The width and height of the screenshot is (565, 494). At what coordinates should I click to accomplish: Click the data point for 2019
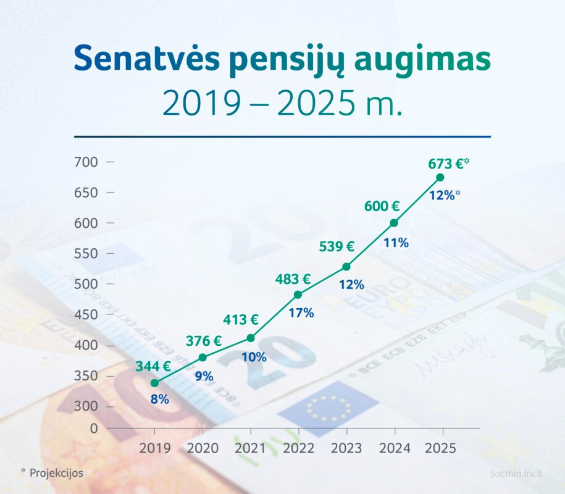coord(154,383)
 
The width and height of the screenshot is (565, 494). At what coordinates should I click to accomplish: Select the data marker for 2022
coord(298,295)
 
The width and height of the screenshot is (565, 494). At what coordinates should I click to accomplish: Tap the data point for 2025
coord(440,177)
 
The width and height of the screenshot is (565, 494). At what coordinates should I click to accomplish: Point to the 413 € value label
coord(241,320)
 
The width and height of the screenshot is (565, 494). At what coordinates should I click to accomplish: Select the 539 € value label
coord(337,246)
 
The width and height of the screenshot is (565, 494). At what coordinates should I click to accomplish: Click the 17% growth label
coord(301,312)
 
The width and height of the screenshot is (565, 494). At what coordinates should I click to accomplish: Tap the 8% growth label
coord(160,400)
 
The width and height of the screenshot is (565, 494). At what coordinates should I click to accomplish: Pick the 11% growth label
coord(396,243)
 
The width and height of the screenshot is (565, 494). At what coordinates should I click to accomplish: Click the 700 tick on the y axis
coord(86,162)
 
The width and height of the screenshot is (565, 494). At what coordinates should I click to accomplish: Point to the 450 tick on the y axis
coord(86,314)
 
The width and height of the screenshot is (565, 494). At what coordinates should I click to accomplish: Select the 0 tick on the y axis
coord(94,429)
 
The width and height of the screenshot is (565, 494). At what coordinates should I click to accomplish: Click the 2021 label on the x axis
coord(251,448)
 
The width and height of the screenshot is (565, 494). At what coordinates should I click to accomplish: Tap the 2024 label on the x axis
coord(395,448)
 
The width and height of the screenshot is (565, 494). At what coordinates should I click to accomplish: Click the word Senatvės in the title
coord(147,58)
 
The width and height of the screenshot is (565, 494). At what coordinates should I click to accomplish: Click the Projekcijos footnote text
coord(56,473)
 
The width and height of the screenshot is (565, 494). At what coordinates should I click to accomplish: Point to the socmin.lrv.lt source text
coord(516,474)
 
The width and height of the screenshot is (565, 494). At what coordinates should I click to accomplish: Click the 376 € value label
coord(204,341)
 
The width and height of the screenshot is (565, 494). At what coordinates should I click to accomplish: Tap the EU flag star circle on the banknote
coord(329,408)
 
